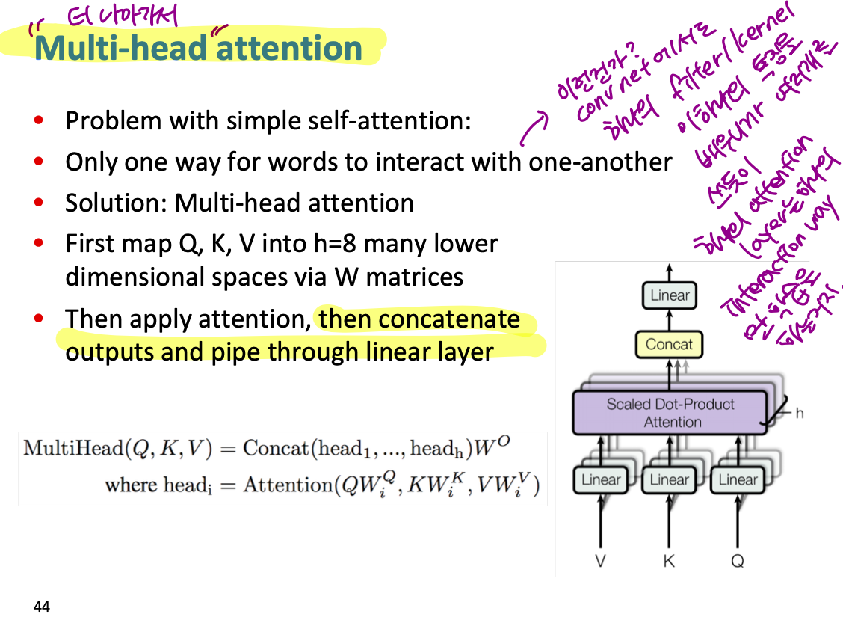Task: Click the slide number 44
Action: pos(42,607)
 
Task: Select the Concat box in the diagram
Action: pos(669,345)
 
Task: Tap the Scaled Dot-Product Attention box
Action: pos(670,412)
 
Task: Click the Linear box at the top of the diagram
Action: pos(670,295)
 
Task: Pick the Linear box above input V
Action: pos(601,479)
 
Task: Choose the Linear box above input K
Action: pos(669,479)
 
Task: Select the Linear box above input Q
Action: pos(738,479)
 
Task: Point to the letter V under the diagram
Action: pos(600,561)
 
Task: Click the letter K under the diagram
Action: pos(669,561)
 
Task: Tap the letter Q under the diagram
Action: pos(738,561)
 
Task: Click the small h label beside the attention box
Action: pos(799,413)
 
